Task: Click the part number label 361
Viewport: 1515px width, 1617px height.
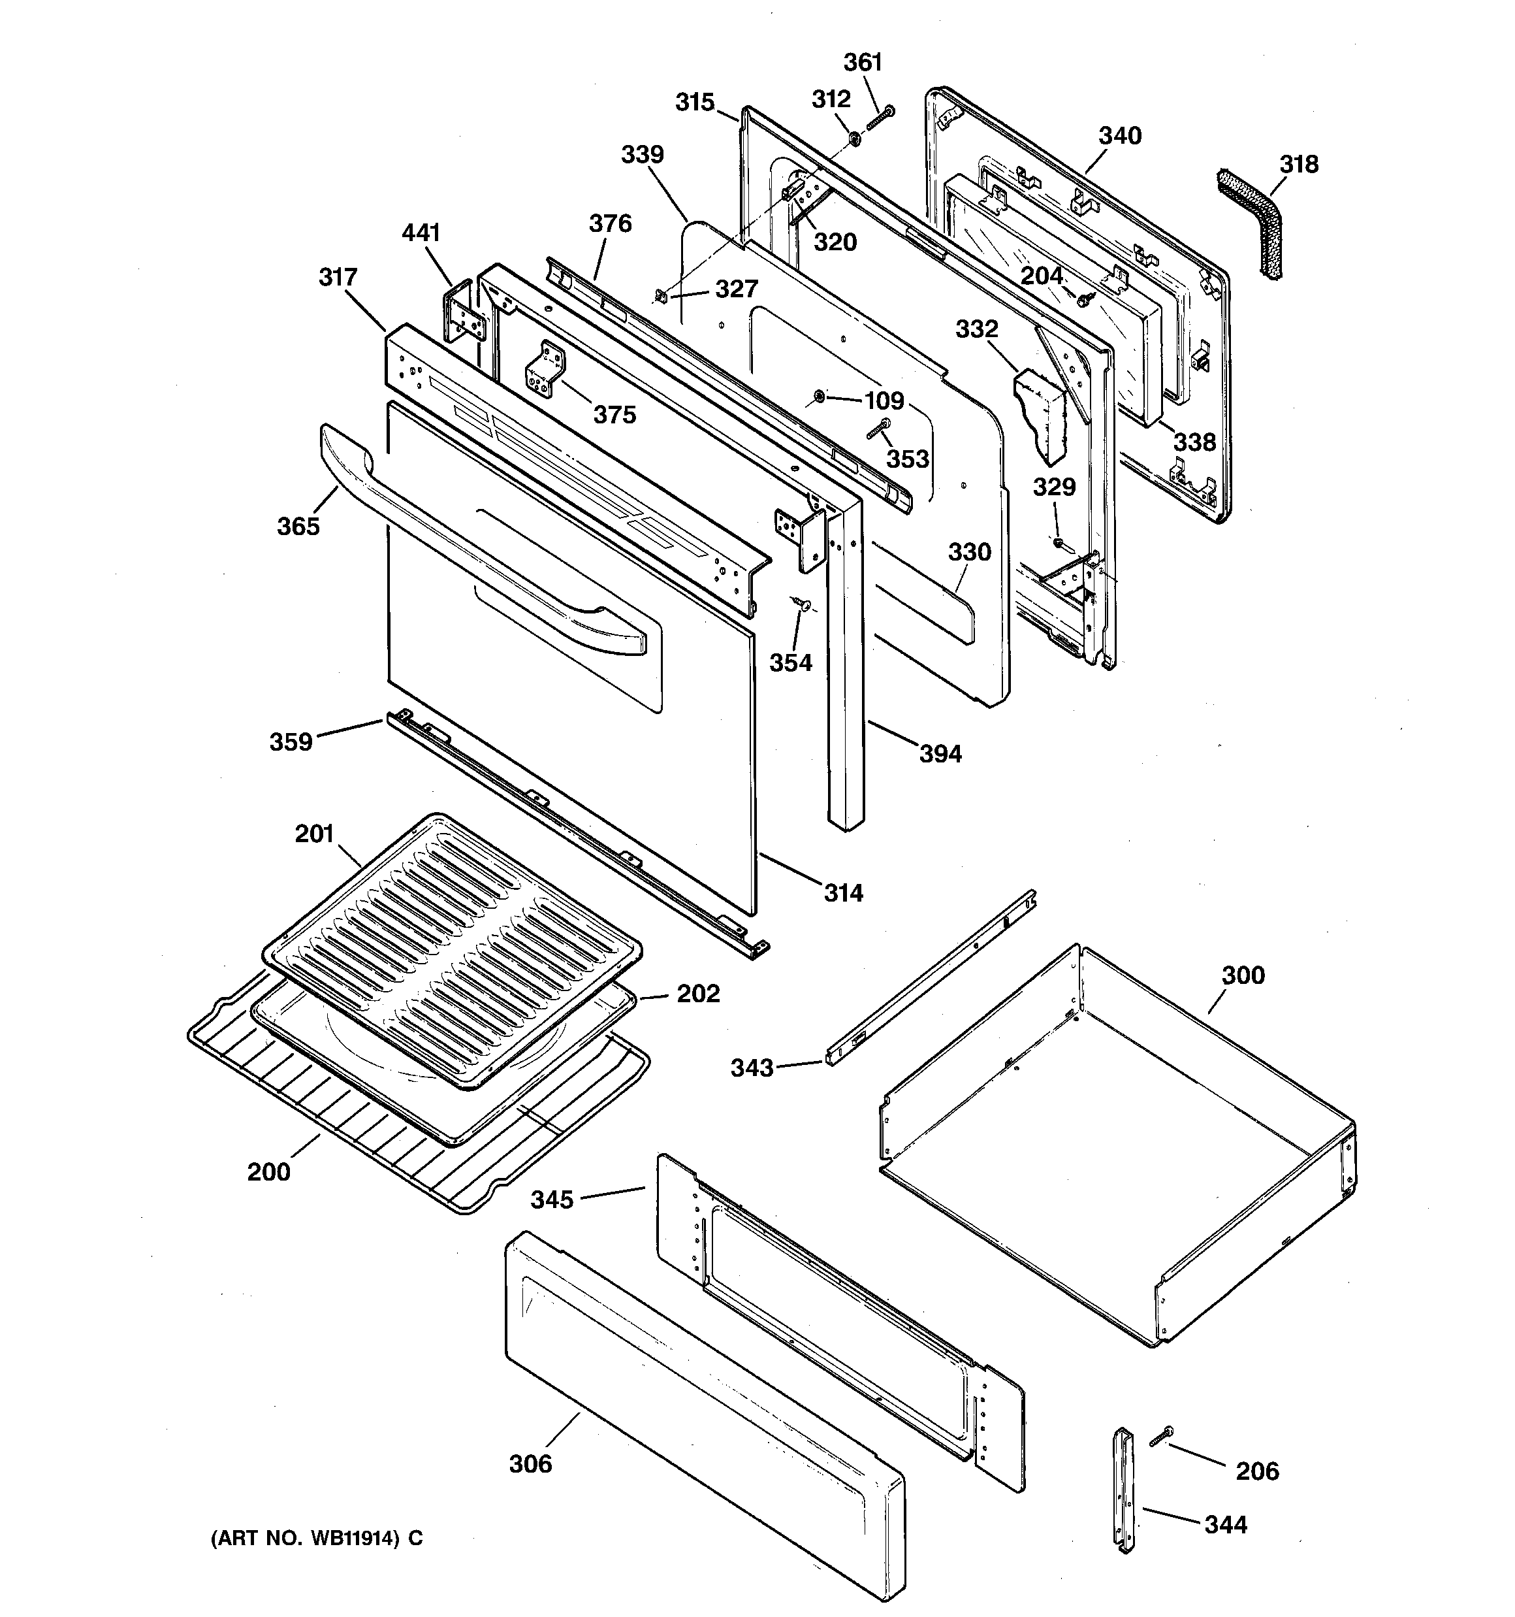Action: click(x=862, y=62)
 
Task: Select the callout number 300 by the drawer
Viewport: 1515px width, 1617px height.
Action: click(x=1243, y=974)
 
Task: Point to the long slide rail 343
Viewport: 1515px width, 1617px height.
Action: click(x=931, y=977)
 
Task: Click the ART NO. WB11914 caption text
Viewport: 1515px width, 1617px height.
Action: click(x=317, y=1539)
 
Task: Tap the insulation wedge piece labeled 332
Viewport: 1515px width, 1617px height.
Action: click(x=1041, y=415)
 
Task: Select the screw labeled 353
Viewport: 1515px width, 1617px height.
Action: click(x=879, y=428)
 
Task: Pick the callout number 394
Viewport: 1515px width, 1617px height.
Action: click(x=940, y=753)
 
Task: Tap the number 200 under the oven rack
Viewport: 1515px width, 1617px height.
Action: click(x=268, y=1171)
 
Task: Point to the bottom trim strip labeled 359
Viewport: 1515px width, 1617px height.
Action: click(x=569, y=830)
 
